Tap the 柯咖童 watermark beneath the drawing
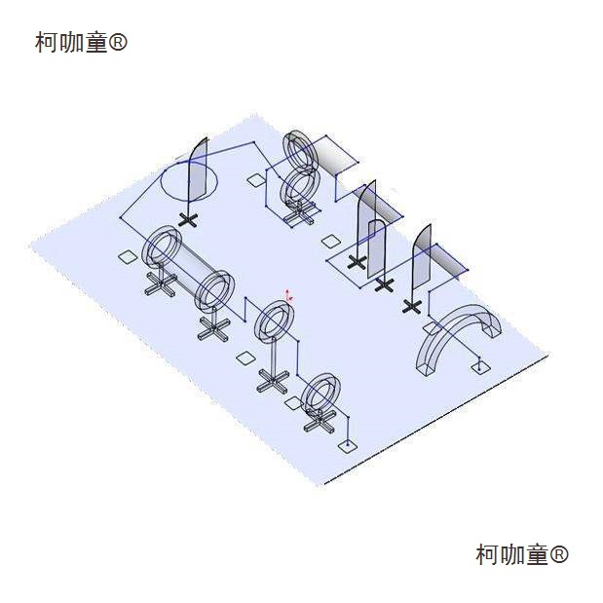[512, 554]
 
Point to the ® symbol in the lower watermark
[559, 554]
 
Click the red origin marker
[288, 294]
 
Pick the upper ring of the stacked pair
[300, 148]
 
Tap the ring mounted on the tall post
[276, 322]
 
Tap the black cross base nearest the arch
[412, 307]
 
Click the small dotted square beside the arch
[479, 366]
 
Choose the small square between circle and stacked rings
[255, 179]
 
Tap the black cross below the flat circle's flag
[189, 219]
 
